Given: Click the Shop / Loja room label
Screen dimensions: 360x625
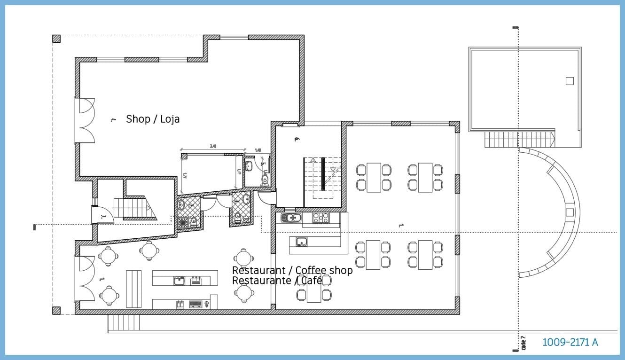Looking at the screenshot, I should [153, 119].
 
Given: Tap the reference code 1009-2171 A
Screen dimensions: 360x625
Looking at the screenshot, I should [570, 342].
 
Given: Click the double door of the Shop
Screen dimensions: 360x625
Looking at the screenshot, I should [85, 120].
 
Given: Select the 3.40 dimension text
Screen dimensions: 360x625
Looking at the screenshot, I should [213, 146].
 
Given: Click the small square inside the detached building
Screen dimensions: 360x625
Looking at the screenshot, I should [570, 81].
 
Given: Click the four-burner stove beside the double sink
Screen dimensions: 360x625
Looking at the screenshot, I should [321, 218].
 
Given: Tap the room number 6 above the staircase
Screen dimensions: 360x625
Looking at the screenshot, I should [297, 139].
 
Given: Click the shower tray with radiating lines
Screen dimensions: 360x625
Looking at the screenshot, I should [181, 222].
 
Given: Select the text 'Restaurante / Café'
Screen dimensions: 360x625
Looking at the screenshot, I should [277, 281].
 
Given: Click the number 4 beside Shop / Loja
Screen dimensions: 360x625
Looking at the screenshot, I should [113, 120].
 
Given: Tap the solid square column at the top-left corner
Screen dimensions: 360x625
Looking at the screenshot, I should [56, 39].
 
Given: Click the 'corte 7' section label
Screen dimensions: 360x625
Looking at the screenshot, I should [523, 343].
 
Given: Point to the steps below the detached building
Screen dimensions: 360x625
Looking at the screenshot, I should [519, 140].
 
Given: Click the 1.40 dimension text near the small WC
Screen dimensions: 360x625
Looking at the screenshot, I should [258, 150].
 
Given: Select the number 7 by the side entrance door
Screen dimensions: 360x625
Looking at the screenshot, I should [102, 217].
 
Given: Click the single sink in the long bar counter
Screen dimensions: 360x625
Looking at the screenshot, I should [179, 281].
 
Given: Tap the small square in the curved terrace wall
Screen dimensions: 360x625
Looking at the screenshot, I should [570, 211].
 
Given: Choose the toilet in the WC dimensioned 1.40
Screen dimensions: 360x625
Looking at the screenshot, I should [265, 179].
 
